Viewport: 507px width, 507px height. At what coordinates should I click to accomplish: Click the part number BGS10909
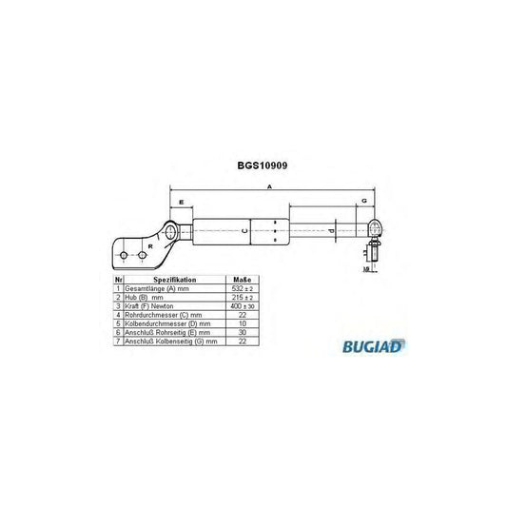pyautogui.click(x=263, y=164)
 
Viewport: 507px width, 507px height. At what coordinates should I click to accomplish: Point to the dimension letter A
pyautogui.click(x=269, y=188)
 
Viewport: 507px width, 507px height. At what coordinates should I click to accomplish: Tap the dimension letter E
pyautogui.click(x=181, y=204)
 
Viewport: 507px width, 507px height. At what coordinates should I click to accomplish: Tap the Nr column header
pyautogui.click(x=118, y=280)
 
